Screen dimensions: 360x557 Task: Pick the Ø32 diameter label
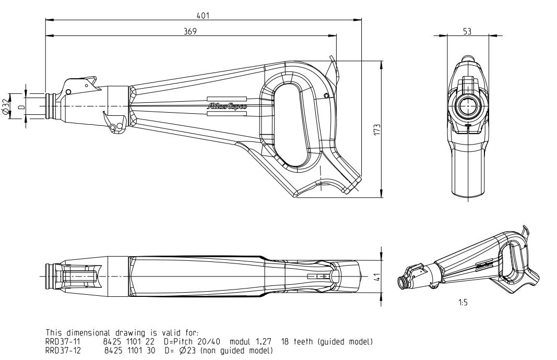click(x=6, y=106)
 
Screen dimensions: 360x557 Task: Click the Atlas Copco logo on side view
click(x=228, y=106)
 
